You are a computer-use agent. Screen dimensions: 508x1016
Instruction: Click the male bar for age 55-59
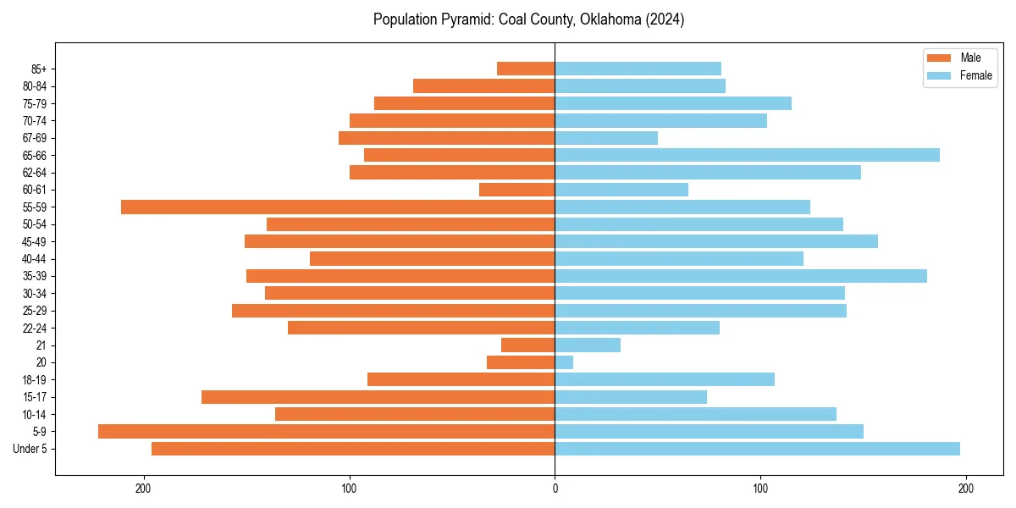click(x=338, y=207)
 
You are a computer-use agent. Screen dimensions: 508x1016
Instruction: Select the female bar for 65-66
click(x=747, y=155)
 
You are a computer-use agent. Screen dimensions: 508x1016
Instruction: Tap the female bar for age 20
click(x=564, y=362)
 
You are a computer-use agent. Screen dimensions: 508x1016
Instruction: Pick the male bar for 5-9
click(x=326, y=431)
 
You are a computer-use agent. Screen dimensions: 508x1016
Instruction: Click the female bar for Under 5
click(x=757, y=449)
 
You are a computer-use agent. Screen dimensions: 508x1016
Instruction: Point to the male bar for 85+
click(x=526, y=69)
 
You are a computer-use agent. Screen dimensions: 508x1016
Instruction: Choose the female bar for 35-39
click(x=741, y=276)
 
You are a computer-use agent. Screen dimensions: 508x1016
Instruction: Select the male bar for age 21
click(x=527, y=345)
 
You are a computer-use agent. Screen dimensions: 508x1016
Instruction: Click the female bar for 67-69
click(x=606, y=138)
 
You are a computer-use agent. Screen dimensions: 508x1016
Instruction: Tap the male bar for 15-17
click(x=378, y=397)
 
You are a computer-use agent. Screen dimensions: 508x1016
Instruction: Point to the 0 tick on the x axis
click(x=555, y=489)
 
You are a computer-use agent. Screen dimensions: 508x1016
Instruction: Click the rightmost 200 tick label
click(x=965, y=489)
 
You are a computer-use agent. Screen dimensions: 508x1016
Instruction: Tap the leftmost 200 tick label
click(x=144, y=489)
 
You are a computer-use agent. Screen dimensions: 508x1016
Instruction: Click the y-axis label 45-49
click(x=35, y=241)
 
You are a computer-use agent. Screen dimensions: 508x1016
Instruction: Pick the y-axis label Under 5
click(x=30, y=449)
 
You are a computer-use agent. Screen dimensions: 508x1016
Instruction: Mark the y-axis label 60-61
click(x=35, y=190)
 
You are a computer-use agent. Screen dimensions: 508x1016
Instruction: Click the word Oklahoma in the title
click(x=605, y=19)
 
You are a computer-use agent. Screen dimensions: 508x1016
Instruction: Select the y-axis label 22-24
click(x=35, y=328)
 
